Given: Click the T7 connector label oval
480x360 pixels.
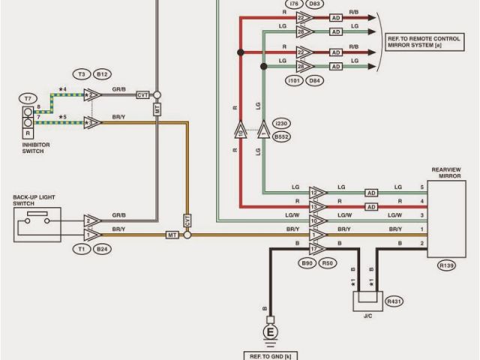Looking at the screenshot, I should pos(28,98).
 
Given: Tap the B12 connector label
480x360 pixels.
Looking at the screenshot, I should pos(103,74).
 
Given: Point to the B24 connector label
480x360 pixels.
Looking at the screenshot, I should pos(103,248).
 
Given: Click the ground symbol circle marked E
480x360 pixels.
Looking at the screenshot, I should pos(269,331).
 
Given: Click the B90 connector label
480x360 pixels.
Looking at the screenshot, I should pos(307,263).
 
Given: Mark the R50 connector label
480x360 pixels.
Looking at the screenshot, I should pos(328,263).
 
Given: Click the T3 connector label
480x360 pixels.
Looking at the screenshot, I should pos(82,74).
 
